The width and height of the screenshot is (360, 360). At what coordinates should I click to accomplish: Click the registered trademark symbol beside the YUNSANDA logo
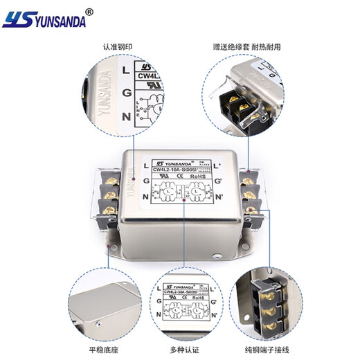click(88, 12)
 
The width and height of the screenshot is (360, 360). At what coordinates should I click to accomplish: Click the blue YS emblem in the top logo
click(15, 20)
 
